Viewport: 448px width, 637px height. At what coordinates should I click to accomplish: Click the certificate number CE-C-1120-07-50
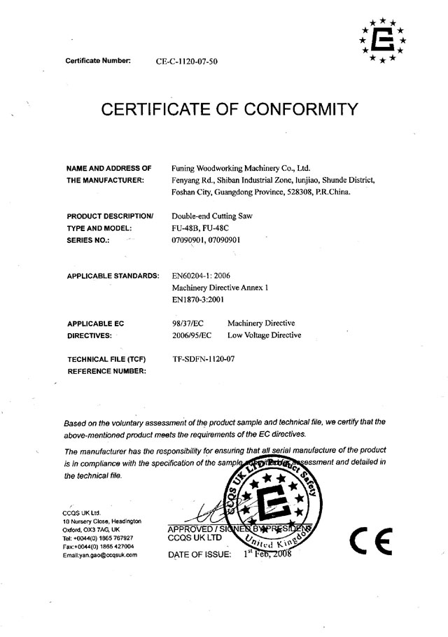click(x=187, y=62)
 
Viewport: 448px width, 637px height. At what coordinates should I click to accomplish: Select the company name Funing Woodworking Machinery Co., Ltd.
click(x=241, y=169)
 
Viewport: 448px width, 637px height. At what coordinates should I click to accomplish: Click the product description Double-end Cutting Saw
click(x=211, y=216)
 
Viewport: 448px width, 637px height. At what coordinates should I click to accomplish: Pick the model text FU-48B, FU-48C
click(x=199, y=227)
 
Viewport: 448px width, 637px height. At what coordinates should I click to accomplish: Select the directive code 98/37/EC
click(x=187, y=323)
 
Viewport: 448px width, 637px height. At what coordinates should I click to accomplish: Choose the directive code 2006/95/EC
click(x=191, y=335)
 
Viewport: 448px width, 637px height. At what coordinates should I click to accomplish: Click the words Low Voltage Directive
click(x=265, y=335)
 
